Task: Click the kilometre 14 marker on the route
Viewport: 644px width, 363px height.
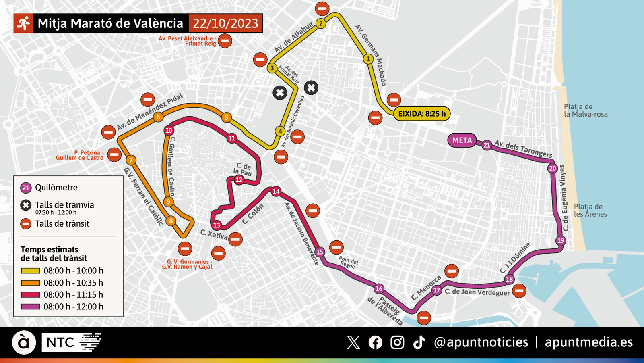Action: pyautogui.click(x=276, y=191)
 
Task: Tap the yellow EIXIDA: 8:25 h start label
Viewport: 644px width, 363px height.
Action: pyautogui.click(x=421, y=114)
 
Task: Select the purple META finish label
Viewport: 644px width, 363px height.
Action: pyautogui.click(x=462, y=140)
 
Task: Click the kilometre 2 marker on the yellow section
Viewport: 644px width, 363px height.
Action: pyautogui.click(x=321, y=23)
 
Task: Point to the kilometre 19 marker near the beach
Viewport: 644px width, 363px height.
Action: pyautogui.click(x=561, y=241)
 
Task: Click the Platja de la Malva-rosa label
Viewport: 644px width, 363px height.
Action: pyautogui.click(x=585, y=111)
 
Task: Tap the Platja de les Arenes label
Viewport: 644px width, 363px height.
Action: pyautogui.click(x=590, y=210)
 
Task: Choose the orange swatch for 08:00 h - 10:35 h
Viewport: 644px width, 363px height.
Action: pyautogui.click(x=30, y=283)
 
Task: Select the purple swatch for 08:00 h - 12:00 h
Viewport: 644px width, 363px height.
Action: pyautogui.click(x=30, y=307)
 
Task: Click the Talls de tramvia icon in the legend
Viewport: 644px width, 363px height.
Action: pyautogui.click(x=26, y=205)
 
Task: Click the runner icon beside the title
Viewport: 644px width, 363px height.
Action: pyautogui.click(x=23, y=23)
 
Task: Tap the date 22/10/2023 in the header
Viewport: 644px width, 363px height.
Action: pyautogui.click(x=225, y=23)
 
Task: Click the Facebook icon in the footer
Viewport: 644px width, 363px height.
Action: pyautogui.click(x=376, y=342)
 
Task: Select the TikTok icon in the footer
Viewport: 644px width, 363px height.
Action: pyautogui.click(x=419, y=342)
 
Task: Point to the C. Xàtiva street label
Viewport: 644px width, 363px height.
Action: pyautogui.click(x=214, y=234)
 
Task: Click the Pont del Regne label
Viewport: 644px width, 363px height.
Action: pyautogui.click(x=348, y=262)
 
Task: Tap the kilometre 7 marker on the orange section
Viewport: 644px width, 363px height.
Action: pyautogui.click(x=130, y=160)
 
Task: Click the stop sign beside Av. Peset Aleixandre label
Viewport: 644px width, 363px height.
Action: pyautogui.click(x=225, y=40)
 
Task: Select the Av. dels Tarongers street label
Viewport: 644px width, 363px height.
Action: pyautogui.click(x=523, y=148)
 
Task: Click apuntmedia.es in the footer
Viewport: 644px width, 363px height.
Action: pyautogui.click(x=588, y=342)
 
